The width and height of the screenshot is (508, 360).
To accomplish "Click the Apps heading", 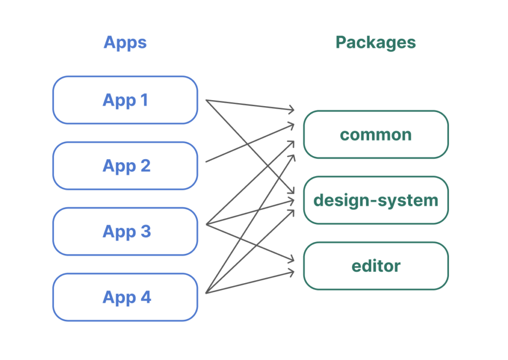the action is [125, 43].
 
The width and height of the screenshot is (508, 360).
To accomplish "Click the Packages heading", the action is [376, 43].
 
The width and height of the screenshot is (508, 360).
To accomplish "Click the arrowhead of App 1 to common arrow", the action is [294, 110].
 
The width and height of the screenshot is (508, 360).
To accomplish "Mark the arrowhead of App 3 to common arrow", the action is [294, 141].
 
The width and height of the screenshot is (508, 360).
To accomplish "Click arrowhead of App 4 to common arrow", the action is [294, 155].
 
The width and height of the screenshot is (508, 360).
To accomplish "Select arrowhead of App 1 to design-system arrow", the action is [294, 192].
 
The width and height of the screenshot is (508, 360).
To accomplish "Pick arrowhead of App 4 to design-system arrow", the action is [294, 210].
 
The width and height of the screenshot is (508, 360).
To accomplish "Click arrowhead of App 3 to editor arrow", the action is [294, 260].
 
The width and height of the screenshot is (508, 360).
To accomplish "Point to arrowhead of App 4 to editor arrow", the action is [294, 272].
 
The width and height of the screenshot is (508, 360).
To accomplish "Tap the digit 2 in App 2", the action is [145, 166].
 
